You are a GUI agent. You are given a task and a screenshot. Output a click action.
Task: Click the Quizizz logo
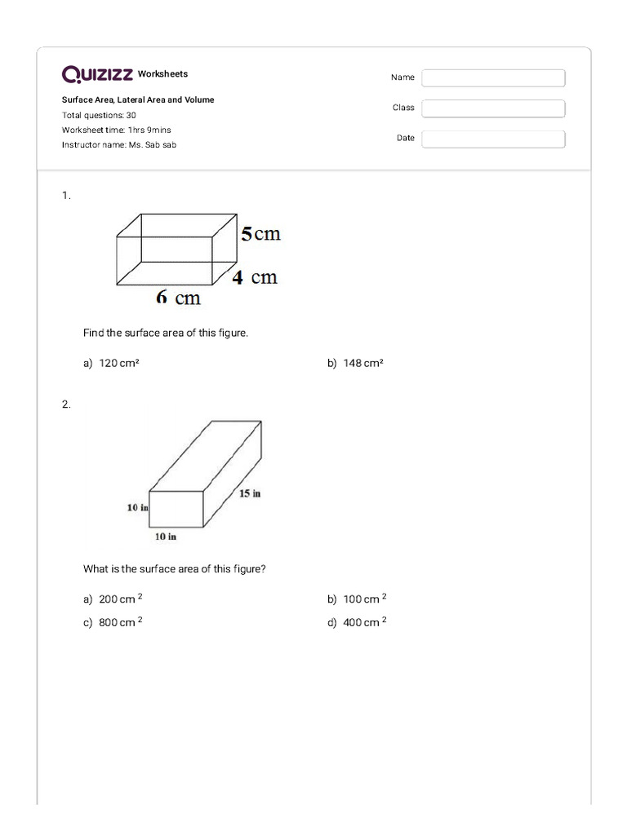pos(97,75)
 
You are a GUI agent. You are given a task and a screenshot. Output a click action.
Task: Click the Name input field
pos(493,77)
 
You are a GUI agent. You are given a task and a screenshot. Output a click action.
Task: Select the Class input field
pos(493,108)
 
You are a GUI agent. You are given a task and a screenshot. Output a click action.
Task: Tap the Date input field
pos(493,139)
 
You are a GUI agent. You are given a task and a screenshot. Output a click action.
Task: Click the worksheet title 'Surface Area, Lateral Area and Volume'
pos(138,99)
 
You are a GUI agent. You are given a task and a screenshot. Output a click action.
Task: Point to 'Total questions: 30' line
pos(99,115)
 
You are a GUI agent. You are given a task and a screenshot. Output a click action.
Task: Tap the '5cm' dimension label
pos(260,234)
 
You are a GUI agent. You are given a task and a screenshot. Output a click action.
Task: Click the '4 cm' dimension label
pos(255,277)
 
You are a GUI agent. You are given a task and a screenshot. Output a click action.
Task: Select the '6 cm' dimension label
pos(178,298)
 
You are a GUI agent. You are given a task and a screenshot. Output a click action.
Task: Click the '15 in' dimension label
pos(250,493)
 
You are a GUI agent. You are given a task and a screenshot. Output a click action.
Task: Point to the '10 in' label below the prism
pos(166,537)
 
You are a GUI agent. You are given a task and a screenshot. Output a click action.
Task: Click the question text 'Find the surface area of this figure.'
pos(166,334)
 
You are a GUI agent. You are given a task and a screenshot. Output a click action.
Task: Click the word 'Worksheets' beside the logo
pos(162,74)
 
